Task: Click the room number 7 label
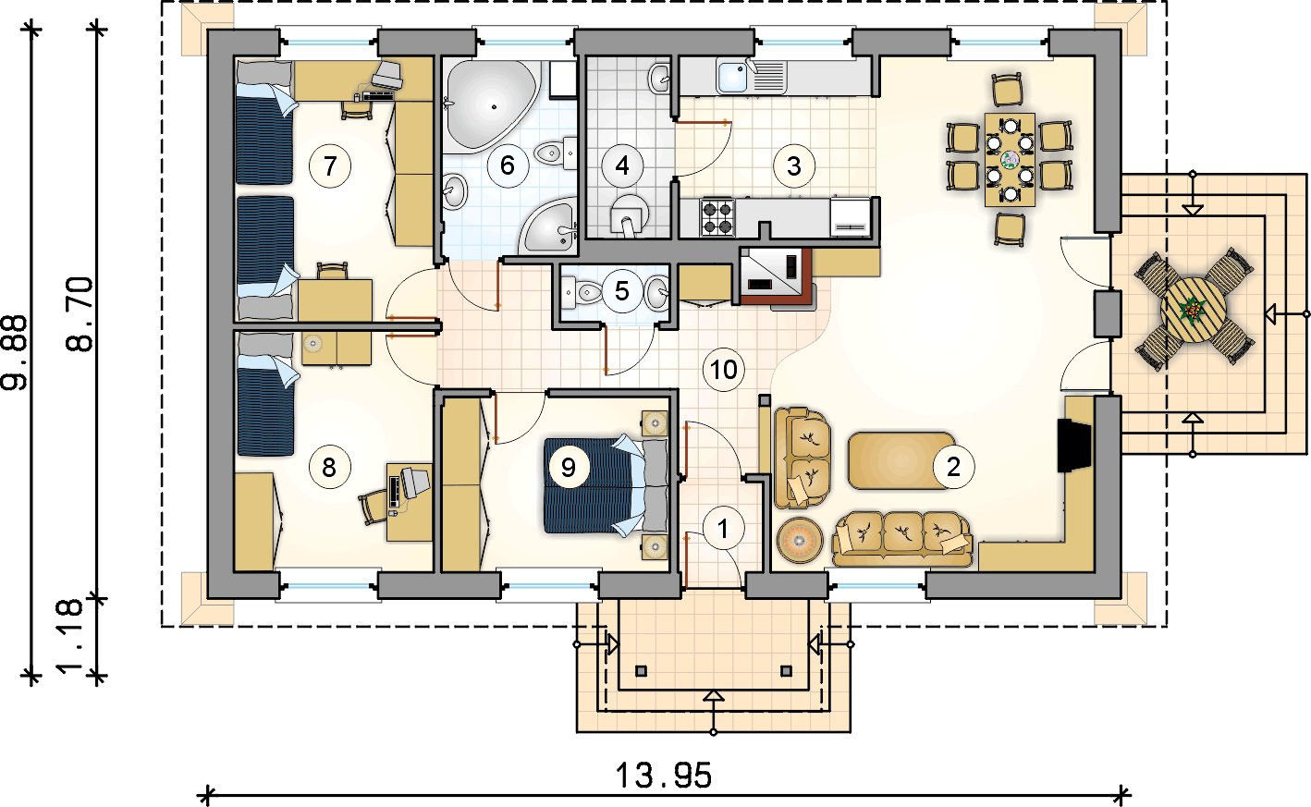coord(330,166)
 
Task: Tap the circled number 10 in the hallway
coord(723,369)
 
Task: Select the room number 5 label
coord(621,291)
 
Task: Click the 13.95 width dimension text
coord(664,776)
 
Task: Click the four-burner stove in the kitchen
coord(717,217)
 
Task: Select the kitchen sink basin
coord(732,77)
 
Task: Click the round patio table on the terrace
coord(1194,311)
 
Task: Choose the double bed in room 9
coord(606,485)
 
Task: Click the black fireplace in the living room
coord(1074,445)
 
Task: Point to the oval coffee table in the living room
coord(901,460)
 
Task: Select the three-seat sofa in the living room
coord(901,540)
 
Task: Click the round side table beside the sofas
coord(800,540)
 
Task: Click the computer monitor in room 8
coord(414,481)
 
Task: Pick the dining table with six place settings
coord(1011,160)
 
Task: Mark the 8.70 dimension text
coord(80,314)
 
